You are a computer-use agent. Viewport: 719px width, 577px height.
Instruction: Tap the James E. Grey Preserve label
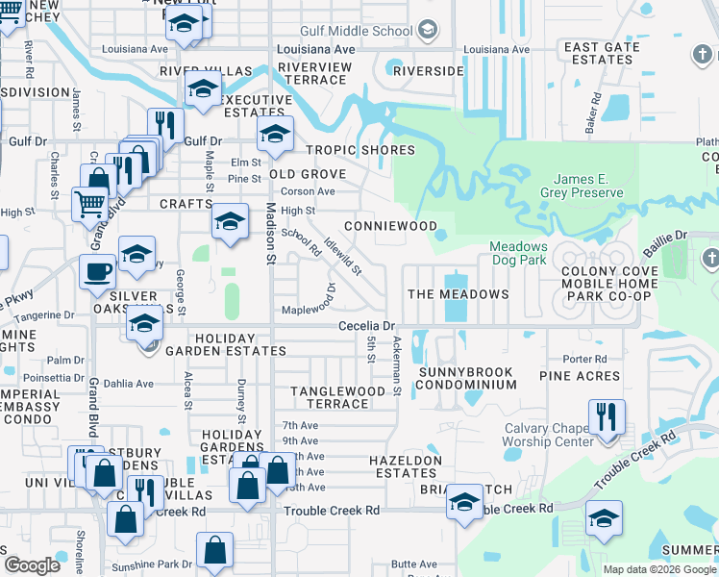pyautogui.click(x=588, y=186)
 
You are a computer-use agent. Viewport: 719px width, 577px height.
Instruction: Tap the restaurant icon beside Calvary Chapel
pyautogui.click(x=607, y=417)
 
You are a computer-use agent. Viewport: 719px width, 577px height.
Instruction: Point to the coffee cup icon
pyautogui.click(x=97, y=271)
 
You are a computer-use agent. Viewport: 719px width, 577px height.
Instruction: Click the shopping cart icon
pyautogui.click(x=90, y=203)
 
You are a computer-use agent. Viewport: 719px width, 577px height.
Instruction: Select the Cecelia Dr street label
pyautogui.click(x=367, y=327)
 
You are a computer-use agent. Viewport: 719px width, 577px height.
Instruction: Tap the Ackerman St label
pyautogui.click(x=396, y=366)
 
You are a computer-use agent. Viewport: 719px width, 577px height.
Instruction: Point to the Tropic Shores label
pyautogui.click(x=360, y=150)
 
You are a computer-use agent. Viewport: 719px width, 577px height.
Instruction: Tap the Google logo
pyautogui.click(x=33, y=565)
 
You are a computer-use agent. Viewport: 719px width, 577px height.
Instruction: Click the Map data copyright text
pyautogui.click(x=658, y=569)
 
